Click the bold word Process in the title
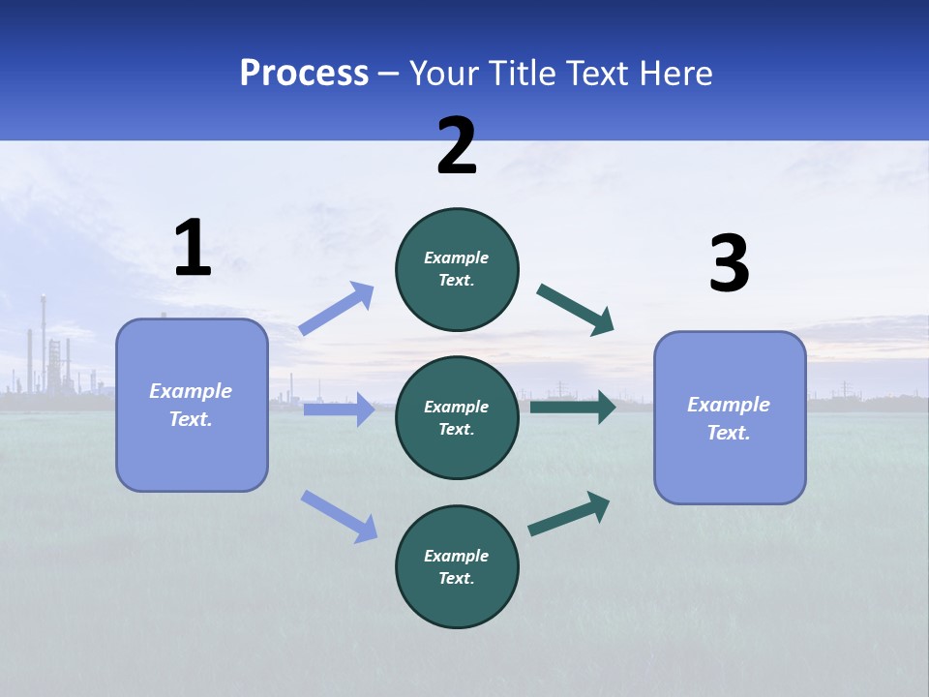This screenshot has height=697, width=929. pyautogui.click(x=304, y=74)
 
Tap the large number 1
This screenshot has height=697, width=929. pyautogui.click(x=193, y=249)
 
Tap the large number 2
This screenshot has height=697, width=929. pyautogui.click(x=457, y=146)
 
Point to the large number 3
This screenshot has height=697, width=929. pyautogui.click(x=729, y=264)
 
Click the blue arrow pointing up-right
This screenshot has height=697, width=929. pyautogui.click(x=337, y=309)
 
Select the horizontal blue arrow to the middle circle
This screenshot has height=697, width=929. pyautogui.click(x=339, y=409)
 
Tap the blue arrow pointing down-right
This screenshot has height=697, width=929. pyautogui.click(x=340, y=516)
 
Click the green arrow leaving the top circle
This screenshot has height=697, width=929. pyautogui.click(x=576, y=310)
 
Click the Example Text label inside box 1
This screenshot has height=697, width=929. pyautogui.click(x=191, y=405)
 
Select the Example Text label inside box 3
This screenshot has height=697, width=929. pyautogui.click(x=729, y=418)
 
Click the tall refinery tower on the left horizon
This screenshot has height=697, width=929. pyautogui.click(x=43, y=339)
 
